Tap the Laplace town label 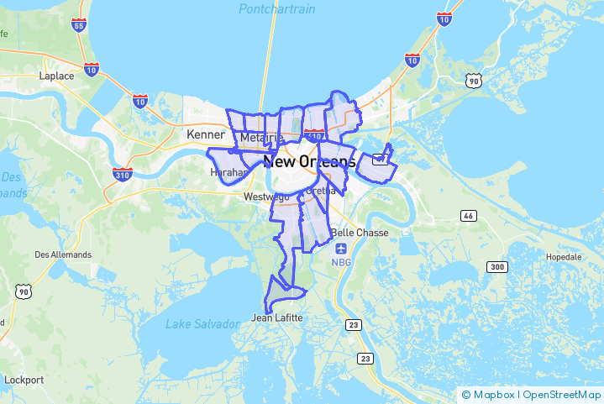pyautogui.click(x=56, y=76)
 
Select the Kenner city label pyautogui.click(x=205, y=134)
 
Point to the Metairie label pyautogui.click(x=261, y=138)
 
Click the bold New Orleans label pyautogui.click(x=309, y=161)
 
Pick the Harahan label pyautogui.click(x=228, y=172)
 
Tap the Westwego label pyautogui.click(x=265, y=197)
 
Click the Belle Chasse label pyautogui.click(x=360, y=233)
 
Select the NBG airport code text pyautogui.click(x=341, y=262)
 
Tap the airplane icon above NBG pyautogui.click(x=341, y=249)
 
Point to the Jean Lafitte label pyautogui.click(x=278, y=318)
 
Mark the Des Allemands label pyautogui.click(x=63, y=254)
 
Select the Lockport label pyautogui.click(x=24, y=380)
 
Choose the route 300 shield pyautogui.click(x=497, y=267)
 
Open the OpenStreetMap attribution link pyautogui.click(x=561, y=394)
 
